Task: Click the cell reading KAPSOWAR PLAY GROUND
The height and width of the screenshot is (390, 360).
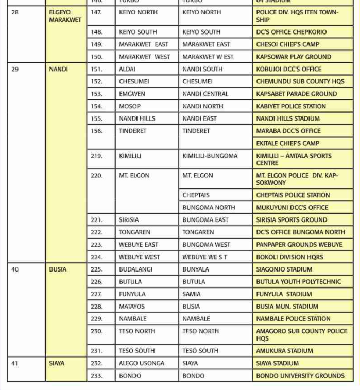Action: tap(294, 57)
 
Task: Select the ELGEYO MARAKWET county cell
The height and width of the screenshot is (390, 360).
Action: tap(65, 16)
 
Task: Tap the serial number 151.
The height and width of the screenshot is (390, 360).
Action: tap(97, 69)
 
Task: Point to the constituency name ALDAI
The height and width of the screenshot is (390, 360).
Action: tap(127, 69)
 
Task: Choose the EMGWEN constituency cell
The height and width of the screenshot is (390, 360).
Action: tap(132, 94)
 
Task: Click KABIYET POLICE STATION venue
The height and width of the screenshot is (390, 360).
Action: tap(291, 106)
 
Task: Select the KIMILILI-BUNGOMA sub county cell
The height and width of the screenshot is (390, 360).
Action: tap(210, 156)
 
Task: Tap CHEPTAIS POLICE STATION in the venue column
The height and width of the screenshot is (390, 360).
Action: tap(293, 195)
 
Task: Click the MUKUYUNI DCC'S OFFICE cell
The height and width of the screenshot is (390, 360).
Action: tap(292, 208)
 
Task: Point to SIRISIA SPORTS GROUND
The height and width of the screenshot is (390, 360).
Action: tap(292, 220)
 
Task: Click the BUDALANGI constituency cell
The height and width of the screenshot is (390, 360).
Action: tap(135, 269)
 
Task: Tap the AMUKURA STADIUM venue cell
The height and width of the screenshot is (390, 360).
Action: tap(284, 351)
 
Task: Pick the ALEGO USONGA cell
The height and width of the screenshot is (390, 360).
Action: tap(142, 363)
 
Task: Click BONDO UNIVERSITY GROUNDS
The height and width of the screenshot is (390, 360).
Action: tap(300, 376)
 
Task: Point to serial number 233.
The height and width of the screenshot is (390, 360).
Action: tap(97, 376)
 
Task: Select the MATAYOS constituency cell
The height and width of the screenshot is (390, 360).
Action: tap(132, 307)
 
